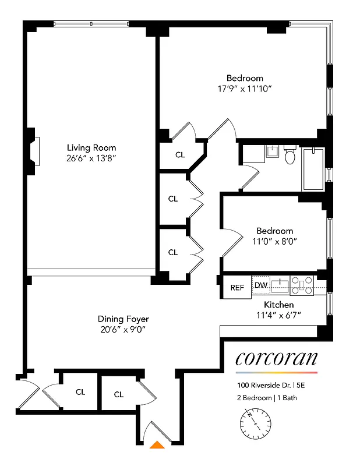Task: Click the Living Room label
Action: click(x=91, y=147)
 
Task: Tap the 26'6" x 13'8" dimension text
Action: click(x=91, y=158)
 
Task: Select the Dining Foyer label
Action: click(x=123, y=319)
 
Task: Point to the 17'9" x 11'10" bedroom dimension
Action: click(x=245, y=89)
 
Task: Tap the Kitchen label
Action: click(x=279, y=305)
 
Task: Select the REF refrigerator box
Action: click(x=237, y=287)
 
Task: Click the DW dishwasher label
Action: click(x=260, y=285)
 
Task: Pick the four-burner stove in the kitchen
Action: click(x=302, y=285)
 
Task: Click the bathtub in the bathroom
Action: click(x=313, y=168)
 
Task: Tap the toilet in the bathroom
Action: click(x=290, y=155)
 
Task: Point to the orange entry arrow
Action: click(x=156, y=445)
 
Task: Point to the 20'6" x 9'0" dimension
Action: click(x=123, y=329)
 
